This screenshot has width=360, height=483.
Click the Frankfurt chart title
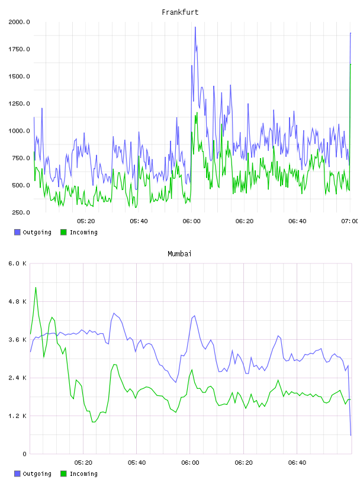[180, 12]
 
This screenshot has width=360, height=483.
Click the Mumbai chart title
[179, 254]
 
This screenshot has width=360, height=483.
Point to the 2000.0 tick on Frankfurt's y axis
[19, 22]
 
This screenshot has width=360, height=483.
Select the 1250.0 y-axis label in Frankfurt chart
[19, 104]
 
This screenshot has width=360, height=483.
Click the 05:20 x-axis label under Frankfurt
[86, 221]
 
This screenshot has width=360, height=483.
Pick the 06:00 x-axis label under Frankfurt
[191, 221]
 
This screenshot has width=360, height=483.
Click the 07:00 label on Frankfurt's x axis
[350, 221]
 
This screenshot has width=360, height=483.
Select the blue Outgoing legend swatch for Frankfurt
[17, 232]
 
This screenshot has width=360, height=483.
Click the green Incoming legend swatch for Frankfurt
[63, 232]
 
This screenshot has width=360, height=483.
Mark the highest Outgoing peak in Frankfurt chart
[195, 27]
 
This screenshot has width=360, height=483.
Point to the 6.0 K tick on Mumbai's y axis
[18, 263]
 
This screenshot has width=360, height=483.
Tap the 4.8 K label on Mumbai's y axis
[18, 301]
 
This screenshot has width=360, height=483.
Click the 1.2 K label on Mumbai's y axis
[18, 416]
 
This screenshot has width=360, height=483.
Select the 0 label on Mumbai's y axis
[24, 454]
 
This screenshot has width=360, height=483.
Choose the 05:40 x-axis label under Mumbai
[137, 463]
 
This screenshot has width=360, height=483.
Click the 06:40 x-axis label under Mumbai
[297, 463]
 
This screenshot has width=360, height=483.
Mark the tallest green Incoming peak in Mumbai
[36, 288]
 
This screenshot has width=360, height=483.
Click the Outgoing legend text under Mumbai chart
[37, 474]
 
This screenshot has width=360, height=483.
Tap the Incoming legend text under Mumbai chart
[83, 474]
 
